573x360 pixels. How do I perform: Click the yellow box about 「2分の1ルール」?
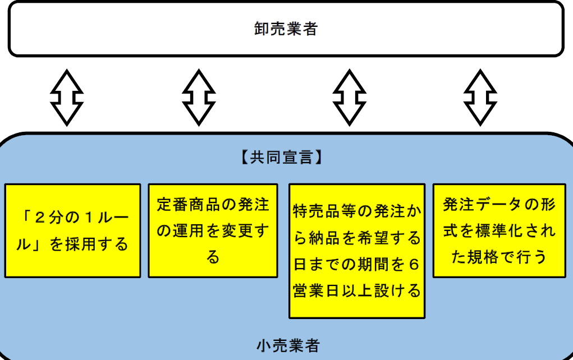pos(73,230)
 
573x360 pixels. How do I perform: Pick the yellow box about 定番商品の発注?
pos(213,230)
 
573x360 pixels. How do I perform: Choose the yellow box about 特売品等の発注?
pos(357,251)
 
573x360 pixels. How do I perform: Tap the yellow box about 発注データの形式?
pos(499,230)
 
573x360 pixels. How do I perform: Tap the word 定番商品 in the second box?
pos(185,205)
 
